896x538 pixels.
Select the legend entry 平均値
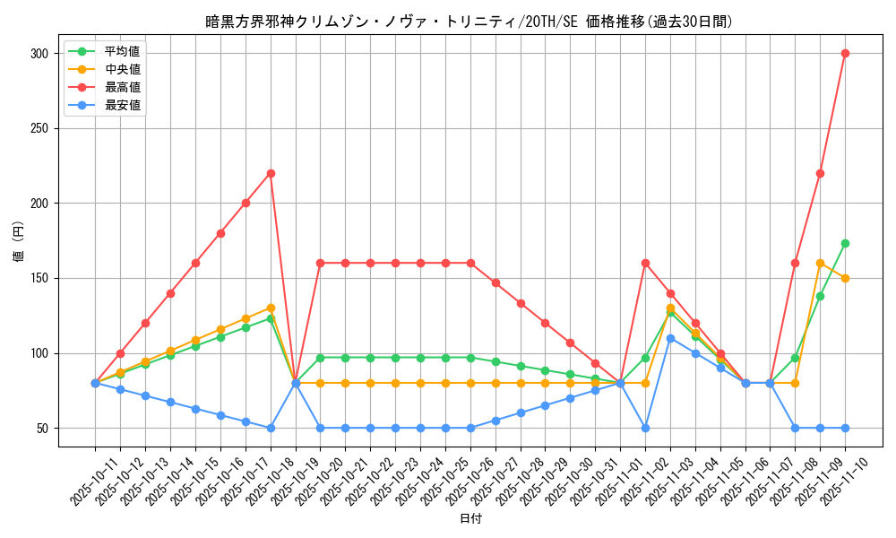[122, 51]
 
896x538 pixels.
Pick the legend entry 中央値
[122, 69]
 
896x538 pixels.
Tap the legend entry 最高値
[122, 87]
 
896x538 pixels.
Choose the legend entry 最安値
[122, 105]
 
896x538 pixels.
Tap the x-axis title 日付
[470, 519]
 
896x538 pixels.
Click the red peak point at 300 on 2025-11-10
[845, 53]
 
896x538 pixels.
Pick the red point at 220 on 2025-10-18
[271, 173]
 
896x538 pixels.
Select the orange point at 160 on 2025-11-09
[820, 263]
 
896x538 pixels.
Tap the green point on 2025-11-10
[845, 243]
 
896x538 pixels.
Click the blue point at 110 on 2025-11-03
[670, 338]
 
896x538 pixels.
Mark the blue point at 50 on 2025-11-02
[645, 428]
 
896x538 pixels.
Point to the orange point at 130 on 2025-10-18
[271, 308]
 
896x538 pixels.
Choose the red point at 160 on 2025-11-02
[645, 263]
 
